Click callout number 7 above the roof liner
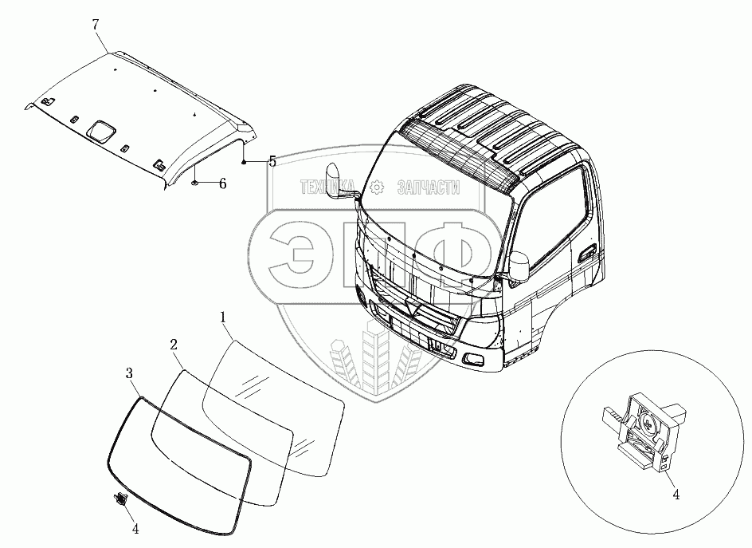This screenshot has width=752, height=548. pyautogui.click(x=96, y=25)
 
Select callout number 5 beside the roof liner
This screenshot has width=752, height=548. pyautogui.click(x=272, y=162)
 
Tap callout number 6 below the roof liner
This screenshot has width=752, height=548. pyautogui.click(x=222, y=183)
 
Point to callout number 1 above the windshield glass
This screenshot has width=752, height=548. pyautogui.click(x=224, y=317)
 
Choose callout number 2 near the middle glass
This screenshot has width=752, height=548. pyautogui.click(x=173, y=345)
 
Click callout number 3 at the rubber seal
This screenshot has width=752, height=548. pyautogui.click(x=129, y=373)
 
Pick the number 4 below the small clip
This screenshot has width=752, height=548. pyautogui.click(x=135, y=528)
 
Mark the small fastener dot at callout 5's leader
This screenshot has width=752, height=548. pyautogui.click(x=245, y=161)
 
